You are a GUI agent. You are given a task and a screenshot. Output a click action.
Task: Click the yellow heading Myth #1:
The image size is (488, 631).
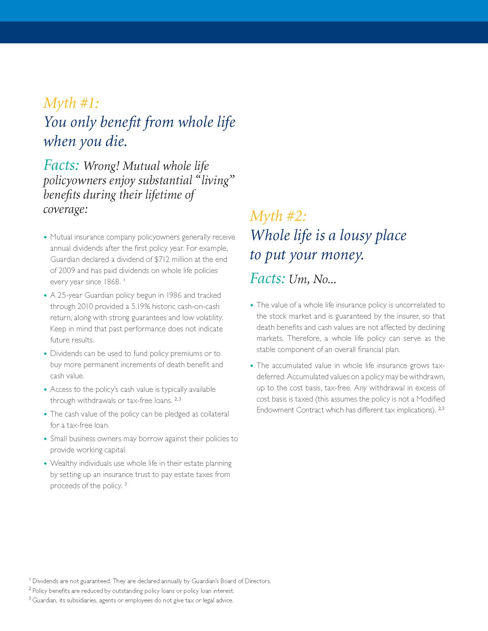(71, 103)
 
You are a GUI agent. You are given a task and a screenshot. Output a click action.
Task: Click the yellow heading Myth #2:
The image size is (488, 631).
(278, 216)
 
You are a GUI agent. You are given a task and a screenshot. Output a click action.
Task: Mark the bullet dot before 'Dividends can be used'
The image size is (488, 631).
(45, 354)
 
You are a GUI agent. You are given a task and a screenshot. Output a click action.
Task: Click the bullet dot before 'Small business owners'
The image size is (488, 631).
(45, 439)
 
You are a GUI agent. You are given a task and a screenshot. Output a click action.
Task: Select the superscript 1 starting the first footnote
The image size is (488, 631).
(30, 579)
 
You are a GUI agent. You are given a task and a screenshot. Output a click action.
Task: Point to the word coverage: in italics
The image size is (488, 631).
(65, 209)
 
